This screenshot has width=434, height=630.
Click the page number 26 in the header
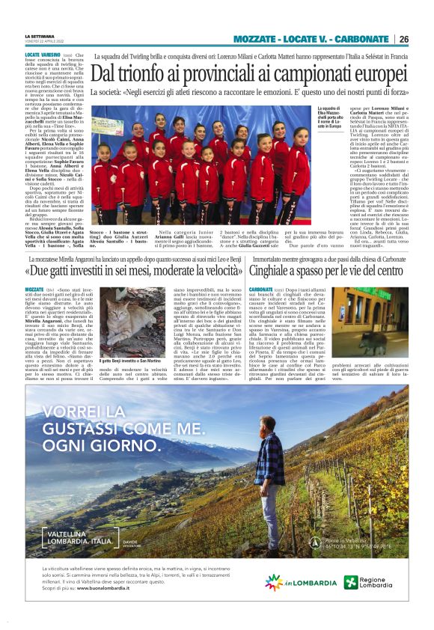coord(404,39)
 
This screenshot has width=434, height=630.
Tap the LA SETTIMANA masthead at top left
coord(39,36)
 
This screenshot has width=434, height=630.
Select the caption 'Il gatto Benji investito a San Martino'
coord(128,361)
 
